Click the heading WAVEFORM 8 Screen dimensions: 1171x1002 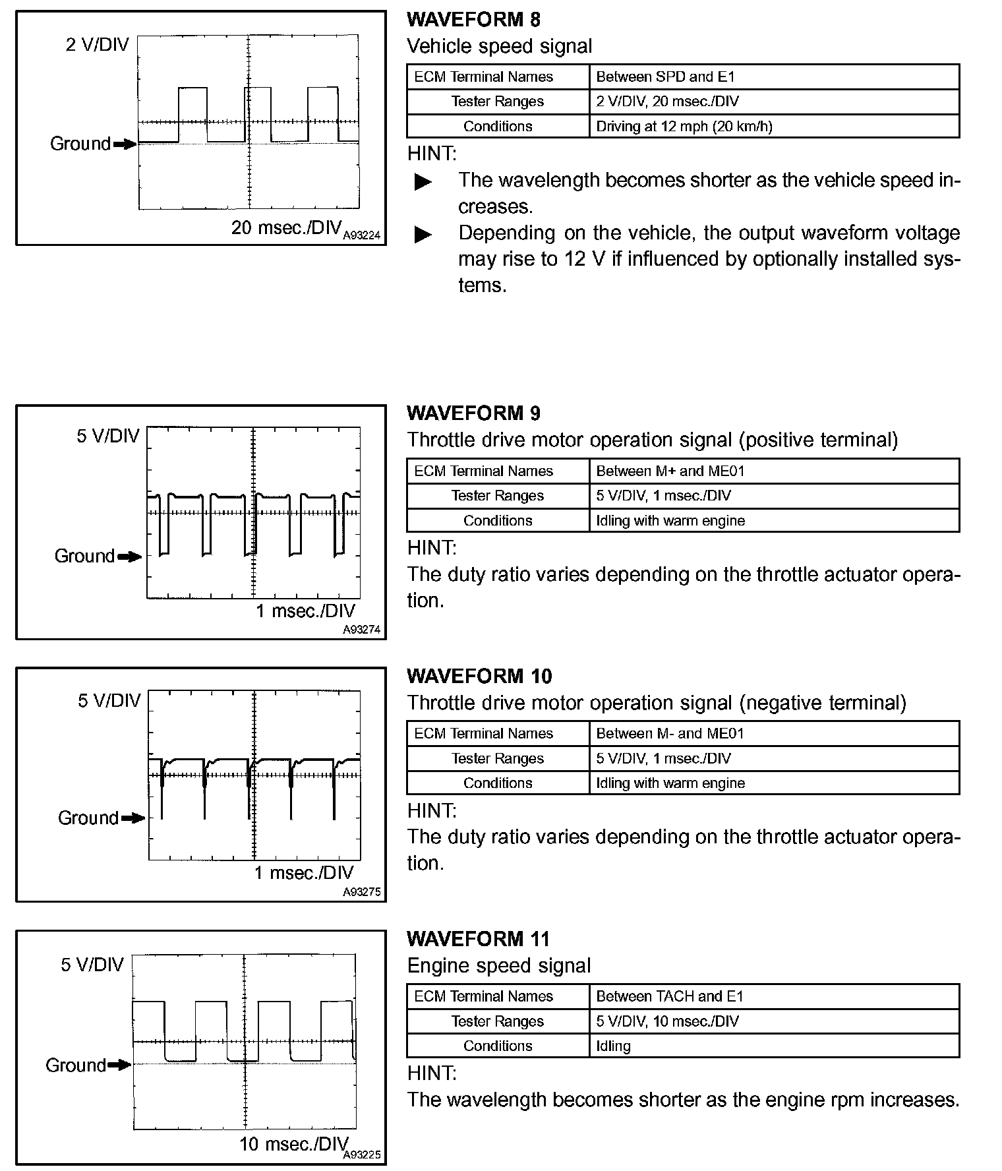pos(473,20)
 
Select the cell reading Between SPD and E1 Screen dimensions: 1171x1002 pos(665,76)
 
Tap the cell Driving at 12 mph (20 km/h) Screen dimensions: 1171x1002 pos(684,126)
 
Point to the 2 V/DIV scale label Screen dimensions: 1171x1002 pos(97,45)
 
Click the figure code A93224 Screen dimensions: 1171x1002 pos(362,235)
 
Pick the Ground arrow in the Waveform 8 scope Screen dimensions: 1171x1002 pos(124,144)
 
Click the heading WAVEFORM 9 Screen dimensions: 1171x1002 pos(473,413)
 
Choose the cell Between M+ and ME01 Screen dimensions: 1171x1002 pos(670,471)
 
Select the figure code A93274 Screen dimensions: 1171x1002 pos(362,630)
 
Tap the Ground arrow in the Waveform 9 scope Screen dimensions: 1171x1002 pos(129,556)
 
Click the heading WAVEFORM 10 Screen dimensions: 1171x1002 pos(479,676)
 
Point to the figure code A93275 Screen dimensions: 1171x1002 pos(362,892)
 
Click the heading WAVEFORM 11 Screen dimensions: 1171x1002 pos(478,939)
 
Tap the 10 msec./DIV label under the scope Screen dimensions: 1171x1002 pos(293,1144)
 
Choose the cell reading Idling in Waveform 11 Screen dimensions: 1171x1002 pos(613,1046)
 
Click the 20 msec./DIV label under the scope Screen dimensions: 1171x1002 pos(286,227)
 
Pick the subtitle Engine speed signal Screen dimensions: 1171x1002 pos(498,966)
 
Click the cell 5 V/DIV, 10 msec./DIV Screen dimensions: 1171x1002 pos(667,1021)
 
